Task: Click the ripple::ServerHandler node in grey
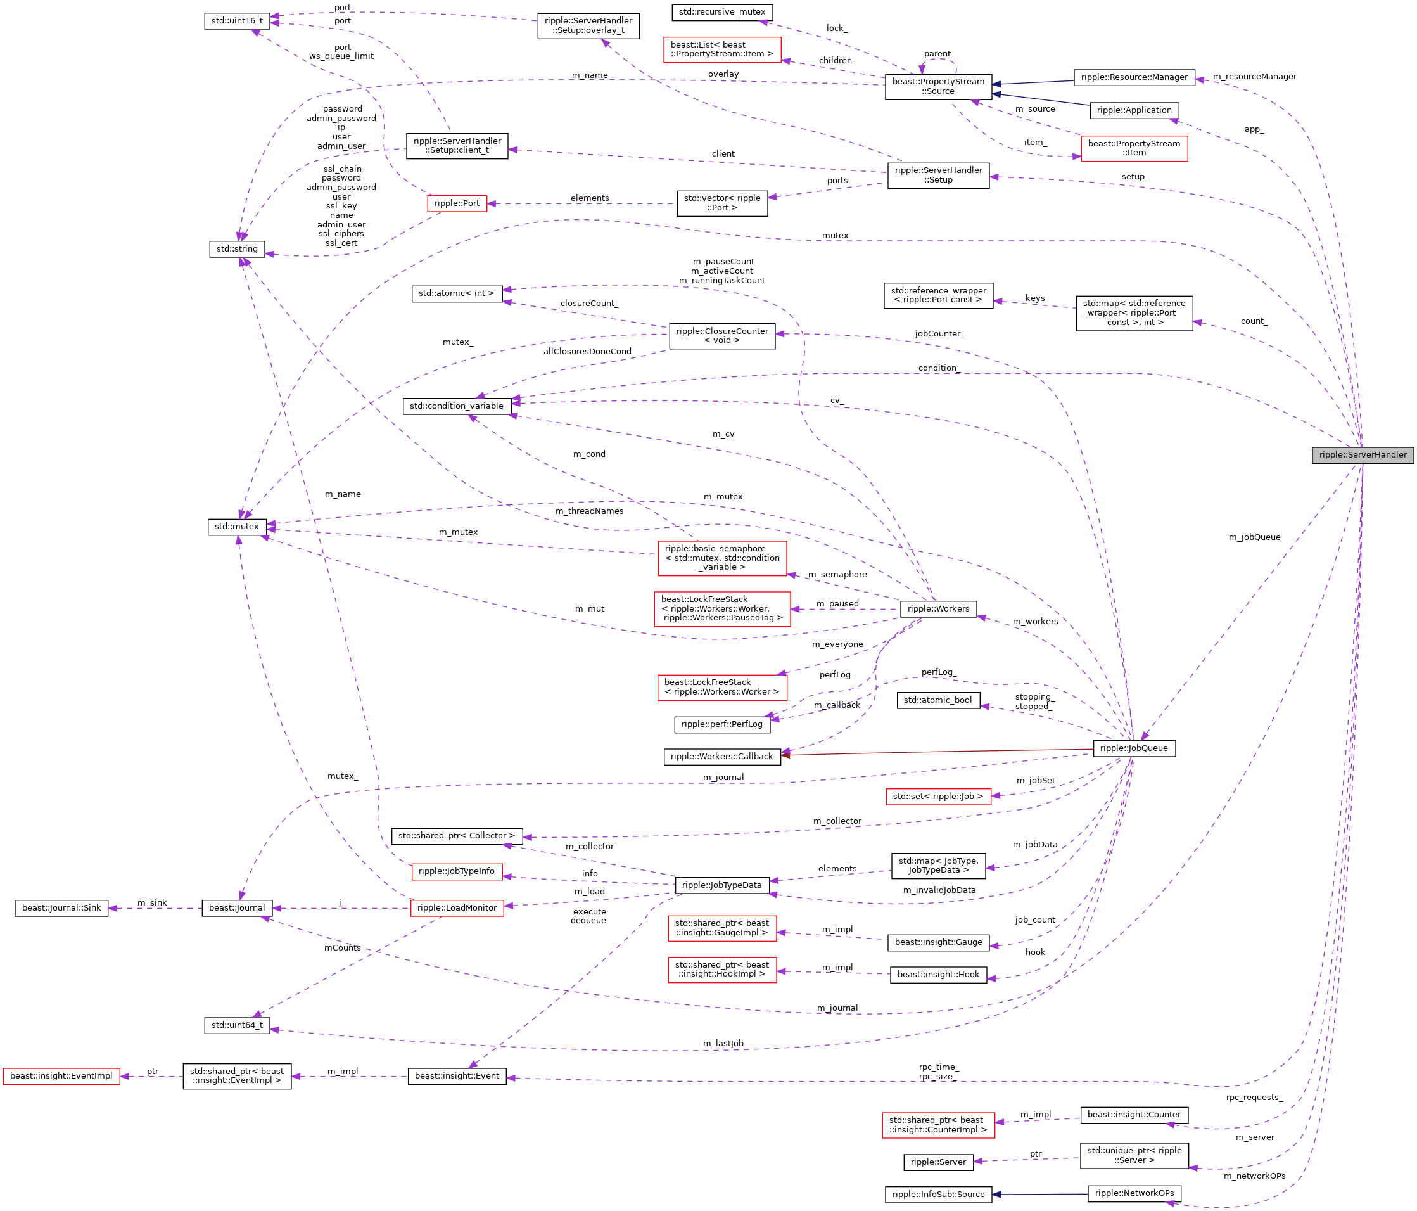click(1362, 455)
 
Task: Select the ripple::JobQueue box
click(1133, 748)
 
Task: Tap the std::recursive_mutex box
click(721, 12)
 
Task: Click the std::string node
click(237, 249)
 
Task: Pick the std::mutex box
click(237, 527)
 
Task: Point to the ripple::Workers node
click(937, 609)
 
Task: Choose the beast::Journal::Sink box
click(61, 908)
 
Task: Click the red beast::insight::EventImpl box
click(61, 1076)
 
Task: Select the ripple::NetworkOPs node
click(1133, 1193)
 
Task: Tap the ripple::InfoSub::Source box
click(937, 1195)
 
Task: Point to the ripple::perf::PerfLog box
click(721, 724)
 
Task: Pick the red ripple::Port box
click(457, 203)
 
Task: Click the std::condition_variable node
click(456, 406)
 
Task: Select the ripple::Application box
click(1133, 110)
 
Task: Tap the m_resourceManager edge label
click(1254, 77)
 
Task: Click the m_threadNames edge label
click(589, 511)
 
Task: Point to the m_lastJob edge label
click(723, 1043)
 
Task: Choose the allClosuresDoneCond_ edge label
click(589, 352)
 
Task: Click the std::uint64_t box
click(237, 1025)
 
